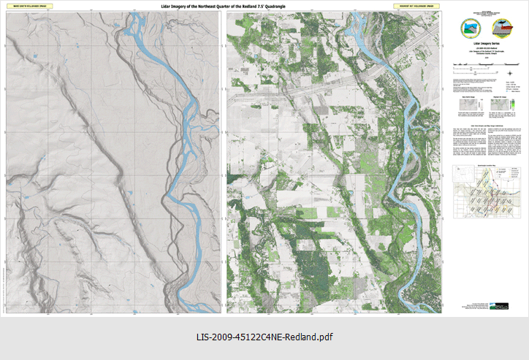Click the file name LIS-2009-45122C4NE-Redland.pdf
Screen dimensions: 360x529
pyautogui.click(x=264, y=337)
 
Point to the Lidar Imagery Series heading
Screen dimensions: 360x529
pyautogui.click(x=485, y=44)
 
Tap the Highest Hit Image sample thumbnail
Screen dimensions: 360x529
pyautogui.click(x=501, y=105)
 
